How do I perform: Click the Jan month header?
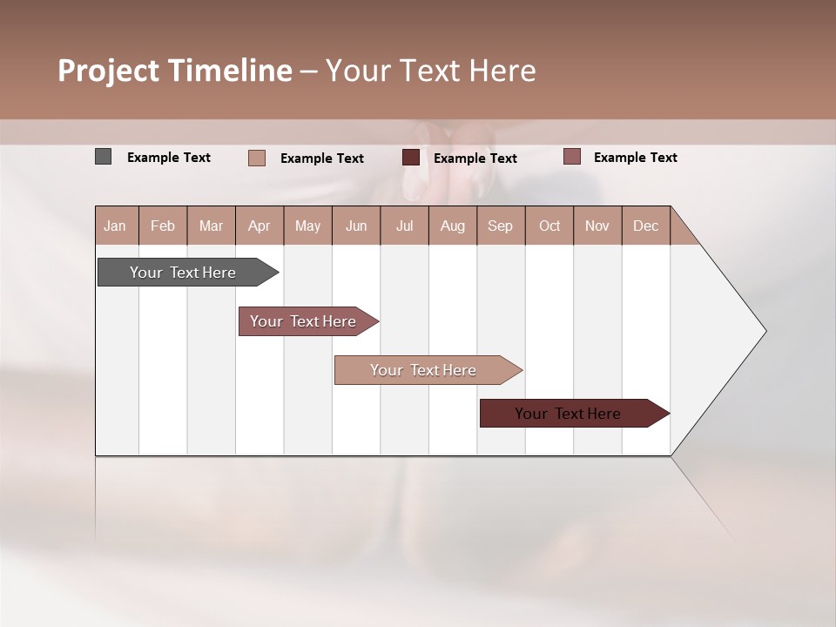(115, 226)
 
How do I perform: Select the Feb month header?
(163, 226)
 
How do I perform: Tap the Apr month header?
(259, 226)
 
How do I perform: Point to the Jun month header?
(356, 226)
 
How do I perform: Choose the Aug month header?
(452, 226)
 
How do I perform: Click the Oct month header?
(549, 226)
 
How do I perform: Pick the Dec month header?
(645, 226)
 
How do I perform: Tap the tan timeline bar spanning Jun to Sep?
(425, 370)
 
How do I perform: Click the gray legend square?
(103, 157)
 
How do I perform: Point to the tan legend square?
(257, 158)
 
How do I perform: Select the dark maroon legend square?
(411, 158)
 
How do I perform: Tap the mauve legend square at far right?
(571, 157)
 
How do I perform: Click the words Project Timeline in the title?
(174, 71)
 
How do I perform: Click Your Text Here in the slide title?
(430, 71)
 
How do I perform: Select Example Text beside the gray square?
(169, 158)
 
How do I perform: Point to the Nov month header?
(597, 226)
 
